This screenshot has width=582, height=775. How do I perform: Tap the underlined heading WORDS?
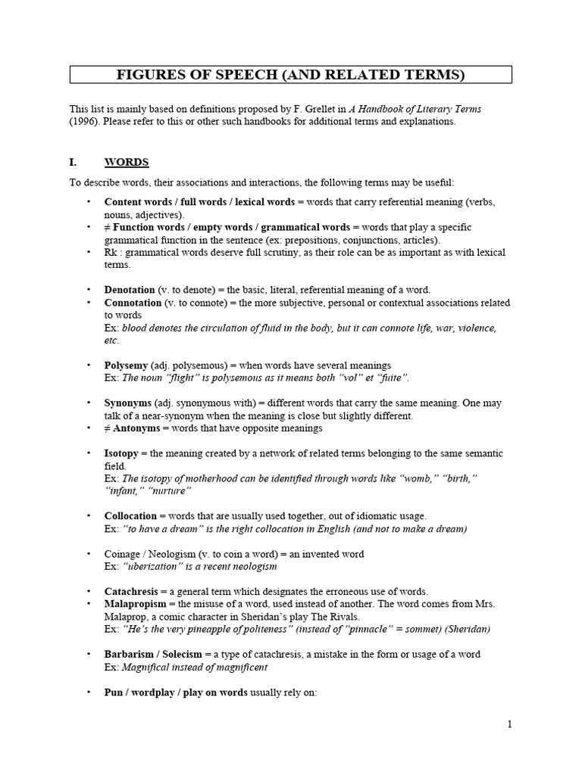point(127,162)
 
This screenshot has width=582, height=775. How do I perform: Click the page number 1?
point(510,724)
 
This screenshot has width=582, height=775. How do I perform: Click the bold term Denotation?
point(129,290)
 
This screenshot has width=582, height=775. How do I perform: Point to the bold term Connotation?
point(133,303)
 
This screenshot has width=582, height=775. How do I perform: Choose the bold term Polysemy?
point(126,366)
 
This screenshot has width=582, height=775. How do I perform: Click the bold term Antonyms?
point(139,428)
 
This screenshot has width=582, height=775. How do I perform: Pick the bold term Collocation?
point(130,516)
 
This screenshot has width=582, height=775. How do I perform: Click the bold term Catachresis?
point(132,591)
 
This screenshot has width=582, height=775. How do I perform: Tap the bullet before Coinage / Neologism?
point(88,554)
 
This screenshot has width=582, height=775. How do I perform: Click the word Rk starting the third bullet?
point(111,252)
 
